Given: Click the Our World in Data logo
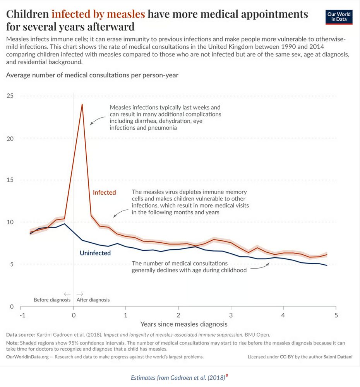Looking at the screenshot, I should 339,17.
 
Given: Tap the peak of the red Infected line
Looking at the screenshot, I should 82,104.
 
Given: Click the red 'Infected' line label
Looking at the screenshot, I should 104,192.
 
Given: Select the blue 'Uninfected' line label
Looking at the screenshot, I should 95,253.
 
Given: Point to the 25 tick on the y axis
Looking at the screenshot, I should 10,96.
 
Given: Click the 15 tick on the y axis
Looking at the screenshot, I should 10,180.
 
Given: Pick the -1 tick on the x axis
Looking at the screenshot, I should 22,315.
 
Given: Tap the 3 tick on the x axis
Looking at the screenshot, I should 231,315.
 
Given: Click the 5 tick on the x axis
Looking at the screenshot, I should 336,315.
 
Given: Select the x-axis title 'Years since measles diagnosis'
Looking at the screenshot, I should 184,324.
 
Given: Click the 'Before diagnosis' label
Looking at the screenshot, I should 52,300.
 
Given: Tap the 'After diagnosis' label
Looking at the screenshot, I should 93,300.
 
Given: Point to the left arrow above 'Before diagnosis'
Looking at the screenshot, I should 67,294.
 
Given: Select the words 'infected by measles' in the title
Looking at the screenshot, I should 98,14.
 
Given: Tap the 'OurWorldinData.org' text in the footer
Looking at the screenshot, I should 27,357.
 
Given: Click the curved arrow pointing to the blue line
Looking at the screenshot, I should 259,267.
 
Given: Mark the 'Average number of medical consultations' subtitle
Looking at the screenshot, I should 92,75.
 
